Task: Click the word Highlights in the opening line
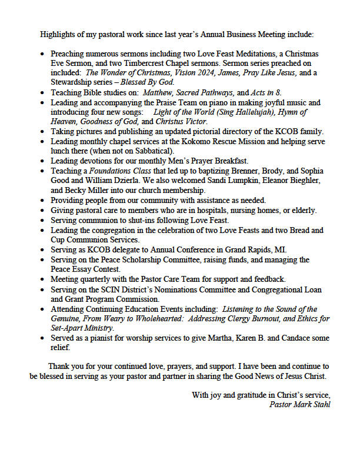click(x=56, y=34)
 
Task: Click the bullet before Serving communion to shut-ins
click(x=42, y=220)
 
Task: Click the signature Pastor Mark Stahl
click(x=299, y=404)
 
